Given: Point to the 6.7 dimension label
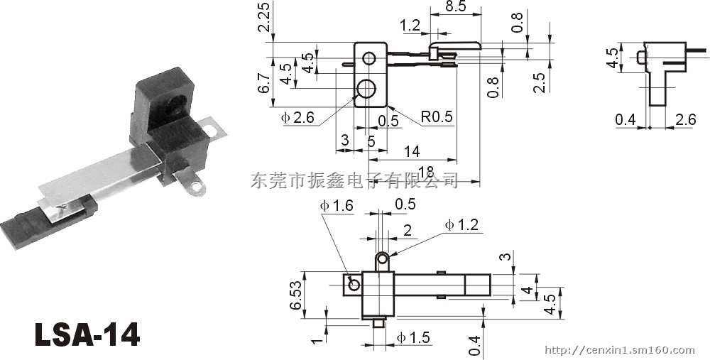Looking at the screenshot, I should click(264, 84).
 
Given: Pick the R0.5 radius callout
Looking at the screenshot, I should click(436, 116).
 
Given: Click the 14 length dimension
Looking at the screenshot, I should click(412, 151).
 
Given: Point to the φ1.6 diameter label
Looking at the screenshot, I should click(337, 205).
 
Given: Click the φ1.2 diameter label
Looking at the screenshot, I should click(462, 225).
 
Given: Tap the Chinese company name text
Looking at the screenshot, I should click(354, 180).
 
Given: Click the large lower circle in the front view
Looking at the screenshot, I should click(367, 89).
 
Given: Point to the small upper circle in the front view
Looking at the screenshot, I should click(370, 57).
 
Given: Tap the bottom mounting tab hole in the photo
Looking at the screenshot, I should click(197, 190).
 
